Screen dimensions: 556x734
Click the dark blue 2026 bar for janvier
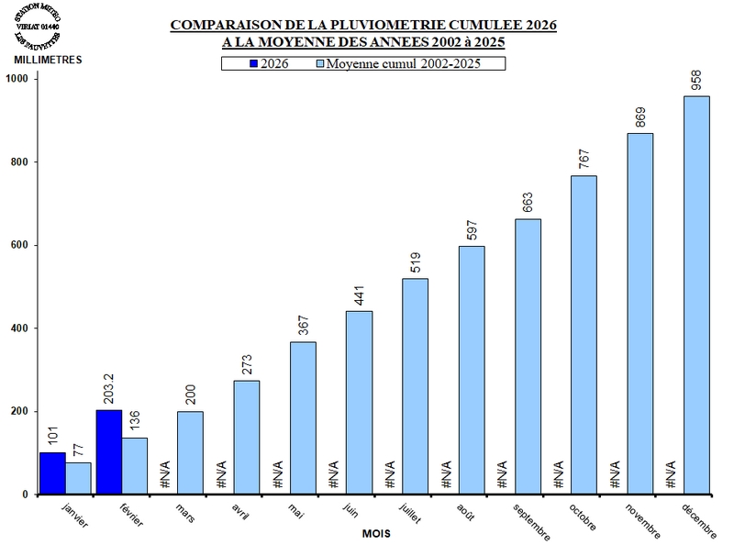click(52, 473)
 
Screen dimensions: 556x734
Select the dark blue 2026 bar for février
click(108, 452)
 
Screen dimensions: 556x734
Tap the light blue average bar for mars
click(191, 453)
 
